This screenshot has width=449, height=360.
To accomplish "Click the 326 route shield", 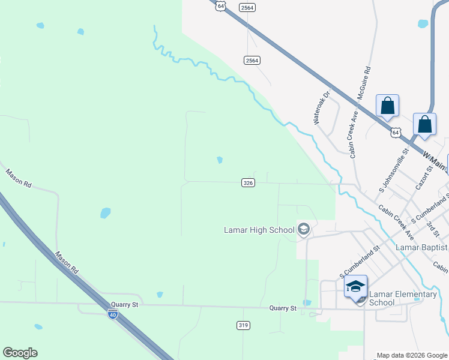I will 249,182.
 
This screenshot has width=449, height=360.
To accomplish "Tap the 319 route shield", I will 243,325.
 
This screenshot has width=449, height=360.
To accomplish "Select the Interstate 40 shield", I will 112,313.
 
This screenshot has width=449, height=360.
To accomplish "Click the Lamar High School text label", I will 259,229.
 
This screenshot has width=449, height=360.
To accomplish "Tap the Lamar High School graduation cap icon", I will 304,229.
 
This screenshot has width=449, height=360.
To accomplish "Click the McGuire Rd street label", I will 364,83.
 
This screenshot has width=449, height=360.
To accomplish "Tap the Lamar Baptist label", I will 421,247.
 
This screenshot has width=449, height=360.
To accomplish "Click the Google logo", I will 20,353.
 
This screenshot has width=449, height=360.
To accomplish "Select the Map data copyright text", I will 412,355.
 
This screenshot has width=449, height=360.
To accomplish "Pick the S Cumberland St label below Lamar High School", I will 360,261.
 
